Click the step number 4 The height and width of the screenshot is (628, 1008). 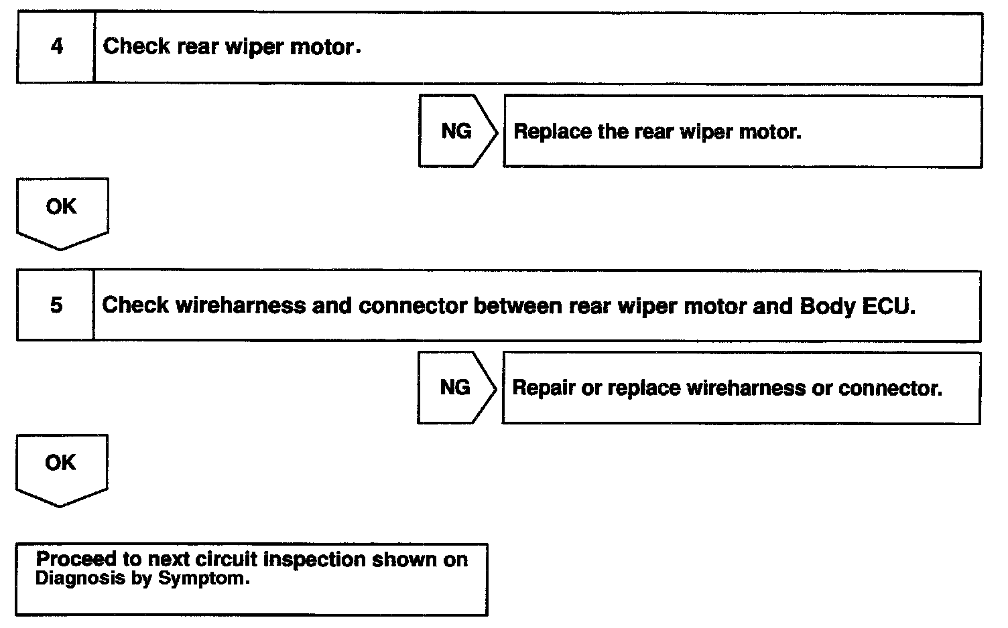coord(56,47)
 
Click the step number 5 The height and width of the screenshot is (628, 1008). coord(56,305)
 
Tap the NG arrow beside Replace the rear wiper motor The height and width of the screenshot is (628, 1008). coord(457,131)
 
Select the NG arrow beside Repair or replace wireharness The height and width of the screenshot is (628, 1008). coord(456,388)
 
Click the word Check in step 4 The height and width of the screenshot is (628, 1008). coord(136,46)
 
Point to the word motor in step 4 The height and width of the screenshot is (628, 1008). coord(322,47)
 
